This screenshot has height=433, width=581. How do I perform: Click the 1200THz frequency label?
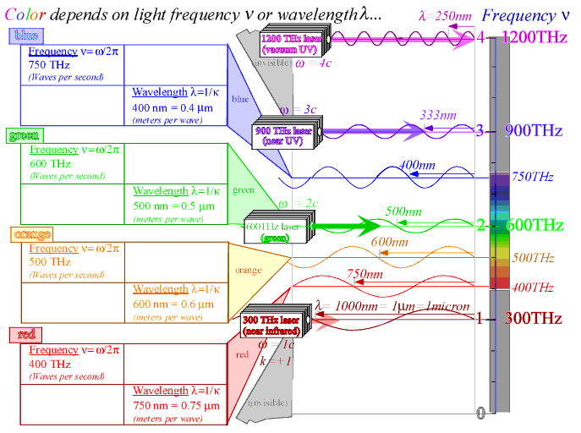pos(534,37)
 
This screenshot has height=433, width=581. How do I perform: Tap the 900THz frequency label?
pos(534,131)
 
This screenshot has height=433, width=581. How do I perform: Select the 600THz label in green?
pos(534,225)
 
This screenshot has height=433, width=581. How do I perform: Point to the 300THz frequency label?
pos(534,319)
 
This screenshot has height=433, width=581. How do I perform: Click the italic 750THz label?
pos(533,177)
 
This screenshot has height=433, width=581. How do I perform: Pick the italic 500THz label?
pos(533,258)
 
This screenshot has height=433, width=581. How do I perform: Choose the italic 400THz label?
pos(533,288)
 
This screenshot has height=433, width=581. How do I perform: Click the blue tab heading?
pos(22,36)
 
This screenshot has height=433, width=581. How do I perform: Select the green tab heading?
pos(25,135)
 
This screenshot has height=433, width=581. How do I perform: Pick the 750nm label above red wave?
pos(365,275)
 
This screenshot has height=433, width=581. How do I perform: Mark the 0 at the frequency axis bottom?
pos(480,413)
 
